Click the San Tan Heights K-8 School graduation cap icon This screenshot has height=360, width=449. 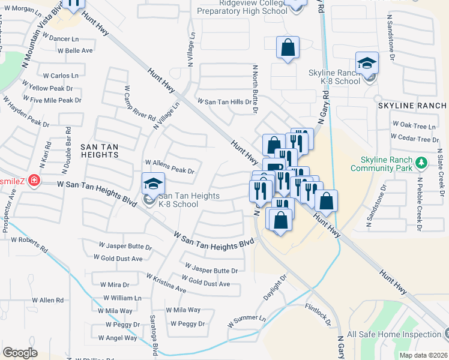point(153,182)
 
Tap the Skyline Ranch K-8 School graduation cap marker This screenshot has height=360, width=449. point(367,62)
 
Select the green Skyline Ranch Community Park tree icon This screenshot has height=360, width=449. point(421,163)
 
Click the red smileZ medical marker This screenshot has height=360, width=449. point(34,180)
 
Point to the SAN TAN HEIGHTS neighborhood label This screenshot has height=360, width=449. point(100,151)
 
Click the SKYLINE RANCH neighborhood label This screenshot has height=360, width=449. point(412,105)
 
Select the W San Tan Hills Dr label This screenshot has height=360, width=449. point(224,102)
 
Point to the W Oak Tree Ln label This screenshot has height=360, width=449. point(414,125)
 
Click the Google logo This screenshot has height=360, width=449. point(20,353)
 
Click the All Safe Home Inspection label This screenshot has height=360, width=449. point(394,334)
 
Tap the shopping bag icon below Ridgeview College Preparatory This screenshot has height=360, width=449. point(288,47)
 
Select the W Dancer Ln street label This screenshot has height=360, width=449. point(62,38)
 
